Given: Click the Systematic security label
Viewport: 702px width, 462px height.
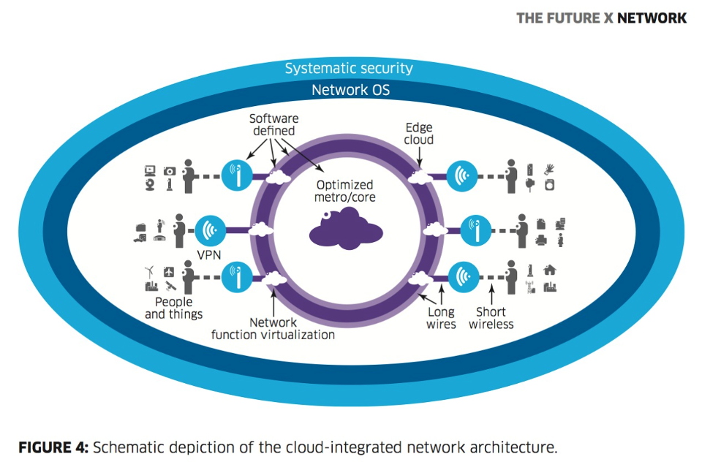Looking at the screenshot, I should (349, 69).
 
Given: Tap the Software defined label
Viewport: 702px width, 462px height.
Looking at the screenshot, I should (273, 124).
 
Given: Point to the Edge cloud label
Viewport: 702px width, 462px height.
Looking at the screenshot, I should (419, 133).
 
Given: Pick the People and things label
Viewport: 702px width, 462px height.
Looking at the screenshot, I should (173, 308).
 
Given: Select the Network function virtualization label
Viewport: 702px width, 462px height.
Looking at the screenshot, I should (273, 328).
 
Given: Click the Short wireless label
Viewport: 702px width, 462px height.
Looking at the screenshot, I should (491, 318).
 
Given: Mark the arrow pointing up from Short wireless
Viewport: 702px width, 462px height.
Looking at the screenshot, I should (491, 296).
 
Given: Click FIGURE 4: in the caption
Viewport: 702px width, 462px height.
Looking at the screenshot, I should (52, 447).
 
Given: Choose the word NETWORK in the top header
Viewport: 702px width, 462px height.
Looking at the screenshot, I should (652, 18).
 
